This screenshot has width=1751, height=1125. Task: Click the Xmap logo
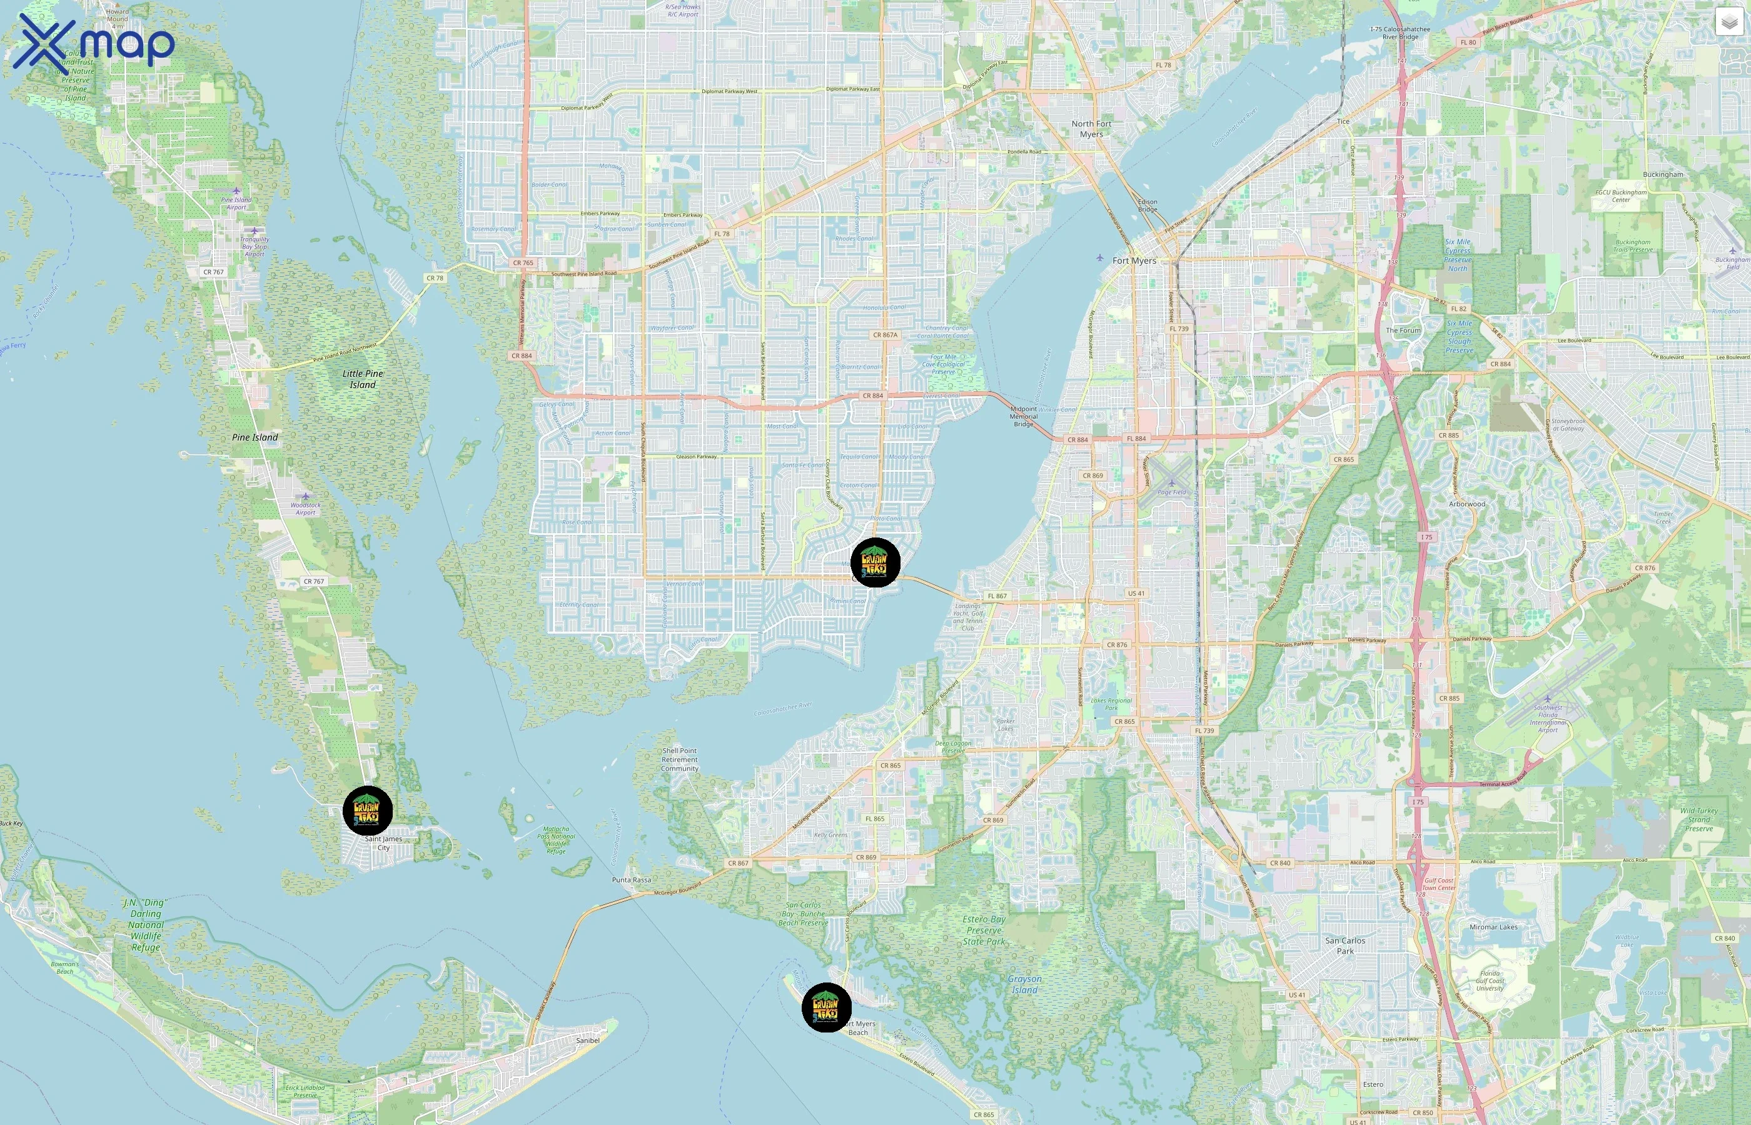94,42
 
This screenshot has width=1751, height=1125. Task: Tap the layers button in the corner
1728,22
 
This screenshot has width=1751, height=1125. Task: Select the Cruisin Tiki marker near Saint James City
368,810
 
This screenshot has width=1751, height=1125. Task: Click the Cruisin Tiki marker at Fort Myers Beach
827,1007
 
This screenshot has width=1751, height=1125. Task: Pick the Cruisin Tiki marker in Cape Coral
875,562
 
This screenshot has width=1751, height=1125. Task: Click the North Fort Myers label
1091,129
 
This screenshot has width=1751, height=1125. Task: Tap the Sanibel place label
588,1040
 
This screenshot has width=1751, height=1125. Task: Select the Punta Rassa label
632,879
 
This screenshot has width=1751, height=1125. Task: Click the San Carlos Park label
1345,945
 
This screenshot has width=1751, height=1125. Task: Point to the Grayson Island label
1024,984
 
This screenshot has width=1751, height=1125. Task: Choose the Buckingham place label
1663,174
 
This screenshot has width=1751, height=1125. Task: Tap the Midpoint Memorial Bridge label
1023,416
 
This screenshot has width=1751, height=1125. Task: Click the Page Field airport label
1171,492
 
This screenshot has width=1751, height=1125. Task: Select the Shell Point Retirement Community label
680,759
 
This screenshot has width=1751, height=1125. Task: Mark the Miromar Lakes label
1493,927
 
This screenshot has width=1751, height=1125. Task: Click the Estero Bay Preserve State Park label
984,930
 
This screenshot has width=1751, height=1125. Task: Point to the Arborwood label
1466,504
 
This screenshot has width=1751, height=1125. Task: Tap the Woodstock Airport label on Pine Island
305,507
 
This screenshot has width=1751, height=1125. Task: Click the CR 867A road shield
885,334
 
